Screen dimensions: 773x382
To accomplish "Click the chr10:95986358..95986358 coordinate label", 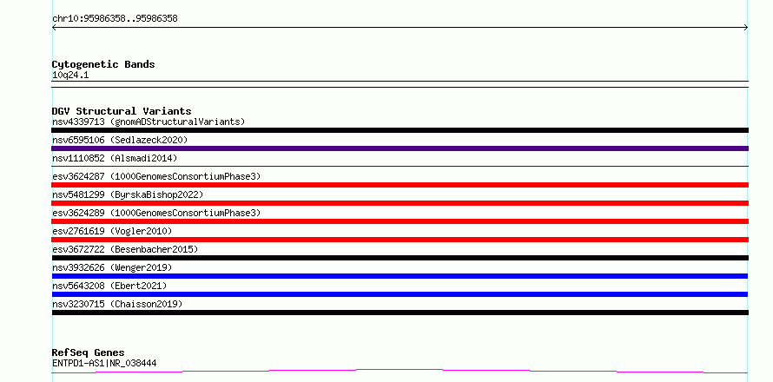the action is [x=115, y=19].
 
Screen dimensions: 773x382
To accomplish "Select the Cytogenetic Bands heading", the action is [x=103, y=64].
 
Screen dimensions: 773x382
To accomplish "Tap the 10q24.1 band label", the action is [x=70, y=76].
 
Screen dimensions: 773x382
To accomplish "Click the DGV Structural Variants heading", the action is [x=122, y=111].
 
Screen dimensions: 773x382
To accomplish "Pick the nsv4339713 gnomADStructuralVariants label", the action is [x=149, y=122].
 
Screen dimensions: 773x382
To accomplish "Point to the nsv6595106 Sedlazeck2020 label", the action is [x=120, y=140].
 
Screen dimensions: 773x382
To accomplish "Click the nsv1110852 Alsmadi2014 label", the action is [x=115, y=158].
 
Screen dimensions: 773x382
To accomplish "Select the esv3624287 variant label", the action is [x=156, y=176].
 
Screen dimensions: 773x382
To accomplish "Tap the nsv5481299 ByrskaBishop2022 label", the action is [x=128, y=194].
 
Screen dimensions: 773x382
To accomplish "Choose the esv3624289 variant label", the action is [x=156, y=213].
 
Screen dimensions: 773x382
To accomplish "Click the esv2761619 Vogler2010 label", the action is [x=112, y=231].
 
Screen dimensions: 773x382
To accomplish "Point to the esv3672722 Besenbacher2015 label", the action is [x=125, y=249].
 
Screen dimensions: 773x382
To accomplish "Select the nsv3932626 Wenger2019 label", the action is [x=112, y=267].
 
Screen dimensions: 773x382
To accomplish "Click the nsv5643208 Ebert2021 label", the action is [x=109, y=286].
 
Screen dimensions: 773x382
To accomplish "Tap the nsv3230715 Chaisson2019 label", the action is [x=117, y=304].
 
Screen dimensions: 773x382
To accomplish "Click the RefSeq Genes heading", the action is [x=89, y=353].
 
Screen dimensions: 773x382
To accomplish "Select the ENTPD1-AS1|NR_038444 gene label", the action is [x=104, y=364].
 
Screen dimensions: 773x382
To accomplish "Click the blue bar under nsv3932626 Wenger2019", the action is [x=400, y=276].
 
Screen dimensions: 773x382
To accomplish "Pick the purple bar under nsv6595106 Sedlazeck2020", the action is [x=400, y=148].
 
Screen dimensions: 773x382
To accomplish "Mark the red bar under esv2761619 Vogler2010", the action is [x=400, y=240].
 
